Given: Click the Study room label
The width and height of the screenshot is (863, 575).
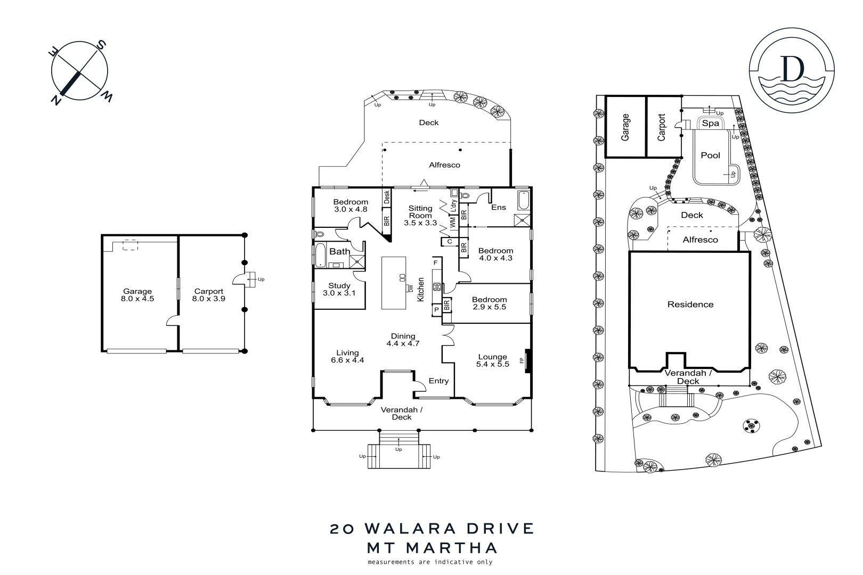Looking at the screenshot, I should (339, 289).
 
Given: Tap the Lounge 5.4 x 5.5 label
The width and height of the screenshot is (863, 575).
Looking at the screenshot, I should (492, 360).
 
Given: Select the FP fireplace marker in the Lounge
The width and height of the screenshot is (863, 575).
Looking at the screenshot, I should (522, 360).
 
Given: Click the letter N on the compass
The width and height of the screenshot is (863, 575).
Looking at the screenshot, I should (55, 100).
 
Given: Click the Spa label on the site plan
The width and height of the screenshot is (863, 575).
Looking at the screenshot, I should (710, 123).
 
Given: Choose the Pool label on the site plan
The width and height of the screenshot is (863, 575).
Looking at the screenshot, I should (710, 155).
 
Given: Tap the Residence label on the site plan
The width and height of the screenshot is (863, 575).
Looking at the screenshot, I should (690, 305).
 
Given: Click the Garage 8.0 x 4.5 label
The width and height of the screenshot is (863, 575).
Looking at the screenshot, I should (137, 295).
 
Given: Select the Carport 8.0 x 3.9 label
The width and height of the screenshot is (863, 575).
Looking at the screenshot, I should (208, 295).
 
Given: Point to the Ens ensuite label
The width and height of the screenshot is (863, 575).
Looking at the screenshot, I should (498, 207).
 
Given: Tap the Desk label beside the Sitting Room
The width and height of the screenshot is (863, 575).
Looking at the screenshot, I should (387, 196).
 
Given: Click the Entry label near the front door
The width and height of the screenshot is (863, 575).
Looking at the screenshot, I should (438, 381).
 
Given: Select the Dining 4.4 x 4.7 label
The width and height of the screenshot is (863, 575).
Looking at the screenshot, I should (403, 340).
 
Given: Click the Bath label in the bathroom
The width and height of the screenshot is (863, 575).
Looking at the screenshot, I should (339, 251).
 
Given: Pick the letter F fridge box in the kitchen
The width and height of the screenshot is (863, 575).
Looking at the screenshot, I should (435, 262).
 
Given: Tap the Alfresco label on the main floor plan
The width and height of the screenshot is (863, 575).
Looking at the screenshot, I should (444, 165).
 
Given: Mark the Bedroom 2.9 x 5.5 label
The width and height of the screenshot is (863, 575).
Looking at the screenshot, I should (489, 303).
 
